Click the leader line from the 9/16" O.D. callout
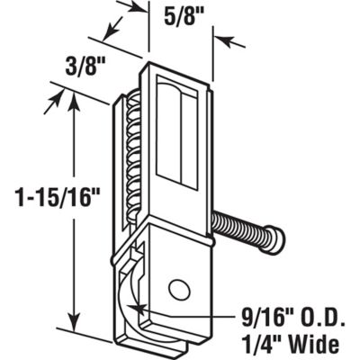(x=180, y=315)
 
